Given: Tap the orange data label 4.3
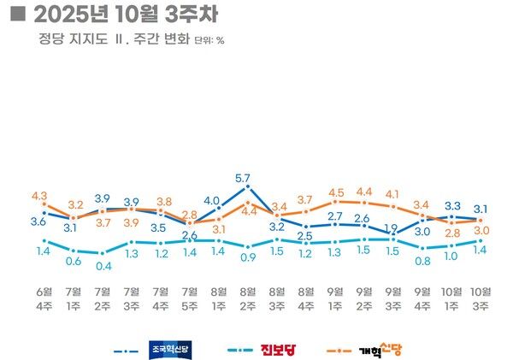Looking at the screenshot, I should [x=39, y=196].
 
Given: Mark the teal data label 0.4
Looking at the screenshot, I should [x=103, y=265].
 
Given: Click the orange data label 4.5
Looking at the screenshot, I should [x=335, y=192].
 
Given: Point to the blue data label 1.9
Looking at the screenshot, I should [x=392, y=228].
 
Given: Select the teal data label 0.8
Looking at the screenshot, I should [x=422, y=261].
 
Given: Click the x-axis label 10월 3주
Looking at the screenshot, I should [x=481, y=294].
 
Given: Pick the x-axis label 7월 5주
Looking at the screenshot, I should [x=190, y=294].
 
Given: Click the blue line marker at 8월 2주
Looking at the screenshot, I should [x=247, y=186].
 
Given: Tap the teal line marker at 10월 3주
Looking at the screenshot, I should [x=481, y=241].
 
